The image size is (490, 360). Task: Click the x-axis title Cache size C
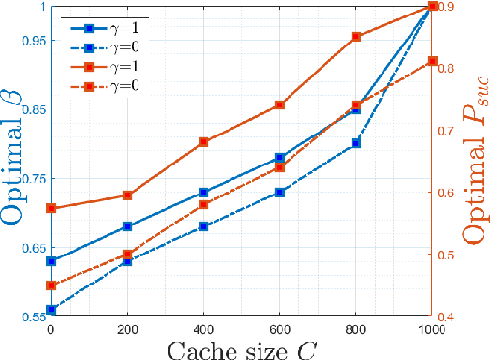(241, 346)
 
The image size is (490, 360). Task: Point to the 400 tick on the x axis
(203, 329)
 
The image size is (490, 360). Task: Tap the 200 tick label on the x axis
(127, 329)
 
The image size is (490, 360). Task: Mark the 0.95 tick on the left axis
(32, 41)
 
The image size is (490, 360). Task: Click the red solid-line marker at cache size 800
(356, 37)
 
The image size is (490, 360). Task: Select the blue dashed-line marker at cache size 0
(51, 310)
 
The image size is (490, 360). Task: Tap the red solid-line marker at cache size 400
(203, 142)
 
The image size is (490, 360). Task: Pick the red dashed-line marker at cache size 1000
(432, 62)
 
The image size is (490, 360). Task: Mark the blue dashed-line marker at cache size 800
(356, 143)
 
